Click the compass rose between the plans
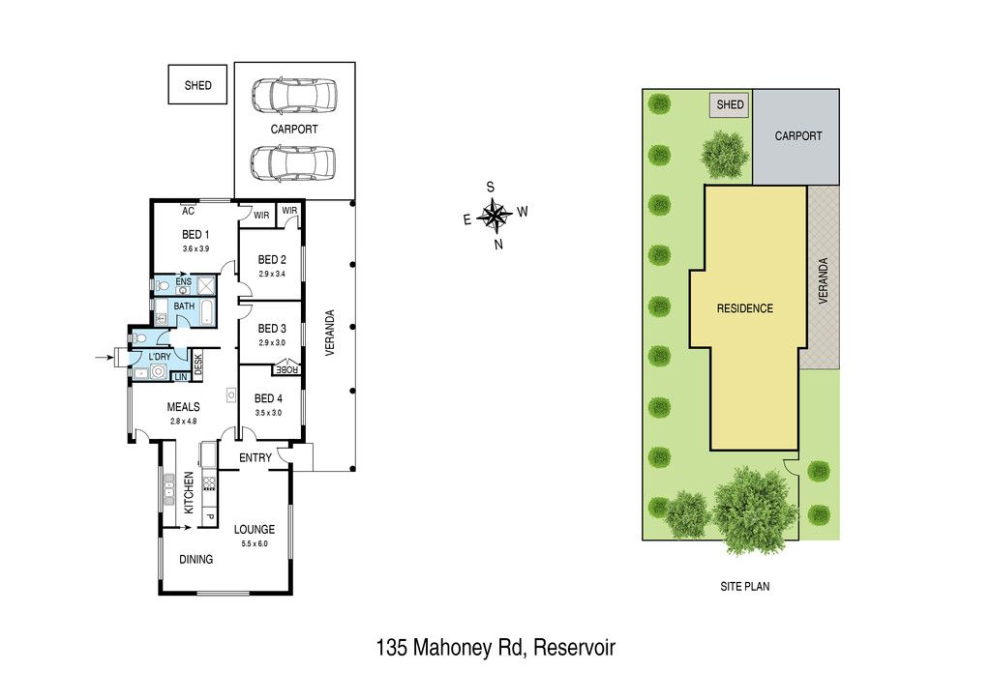click(495, 216)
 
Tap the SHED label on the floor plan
click(197, 85)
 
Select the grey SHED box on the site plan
click(730, 104)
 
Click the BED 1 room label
click(195, 235)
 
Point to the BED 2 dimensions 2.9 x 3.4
click(273, 274)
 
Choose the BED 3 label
click(272, 329)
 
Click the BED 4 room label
click(269, 398)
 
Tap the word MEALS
click(183, 407)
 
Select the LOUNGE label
click(255, 530)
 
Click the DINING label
click(196, 560)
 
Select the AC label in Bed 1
click(188, 211)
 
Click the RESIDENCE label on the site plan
click(744, 309)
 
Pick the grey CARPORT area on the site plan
click(797, 136)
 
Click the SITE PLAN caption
click(744, 587)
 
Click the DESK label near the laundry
click(198, 365)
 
